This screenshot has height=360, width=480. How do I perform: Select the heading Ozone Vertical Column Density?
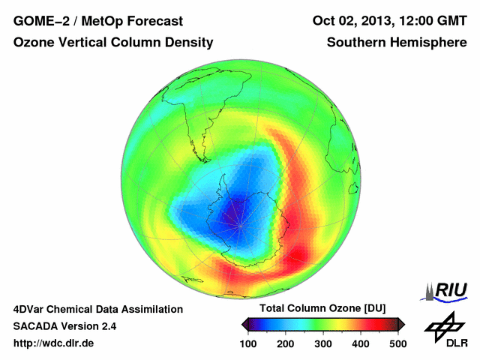(x=113, y=43)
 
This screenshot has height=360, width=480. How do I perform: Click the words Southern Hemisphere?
(x=396, y=43)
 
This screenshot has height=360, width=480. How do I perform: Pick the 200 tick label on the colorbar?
(x=286, y=343)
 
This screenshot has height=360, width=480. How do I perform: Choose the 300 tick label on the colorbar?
(x=323, y=343)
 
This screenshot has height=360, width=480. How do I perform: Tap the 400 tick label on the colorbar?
(x=360, y=343)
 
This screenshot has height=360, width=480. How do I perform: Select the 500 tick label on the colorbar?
(x=397, y=343)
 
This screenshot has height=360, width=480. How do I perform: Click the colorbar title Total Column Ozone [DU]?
(x=322, y=309)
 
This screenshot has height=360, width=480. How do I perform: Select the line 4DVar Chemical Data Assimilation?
(x=98, y=309)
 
